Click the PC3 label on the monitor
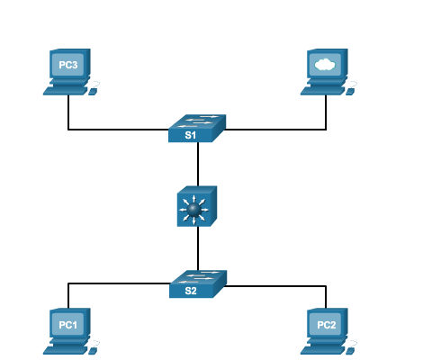click(x=68, y=65)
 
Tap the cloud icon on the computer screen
click(x=325, y=65)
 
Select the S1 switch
click(x=197, y=128)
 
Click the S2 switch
click(x=198, y=284)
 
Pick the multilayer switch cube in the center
click(x=197, y=206)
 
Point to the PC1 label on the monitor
click(x=68, y=325)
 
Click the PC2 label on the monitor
click(x=327, y=325)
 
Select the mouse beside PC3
click(x=93, y=92)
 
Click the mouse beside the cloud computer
click(x=350, y=92)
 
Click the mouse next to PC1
click(x=93, y=351)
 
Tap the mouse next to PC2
click(x=350, y=351)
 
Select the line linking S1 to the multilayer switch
click(x=198, y=164)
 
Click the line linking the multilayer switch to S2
click(x=198, y=249)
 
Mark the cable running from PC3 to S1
click(x=102, y=130)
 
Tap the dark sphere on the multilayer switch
click(x=193, y=209)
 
